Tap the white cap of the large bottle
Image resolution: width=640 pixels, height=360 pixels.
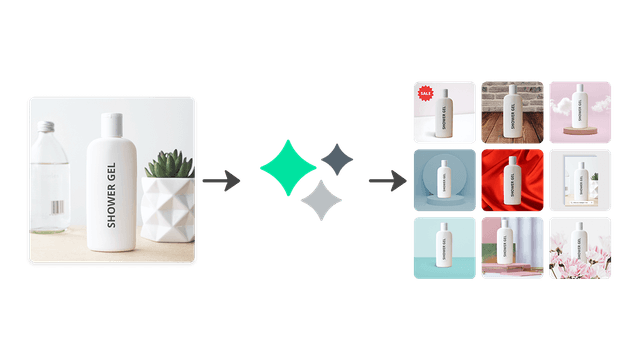111,125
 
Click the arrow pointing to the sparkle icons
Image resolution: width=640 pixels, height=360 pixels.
220,181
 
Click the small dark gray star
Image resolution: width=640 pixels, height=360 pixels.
338,158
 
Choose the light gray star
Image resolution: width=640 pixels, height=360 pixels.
321,201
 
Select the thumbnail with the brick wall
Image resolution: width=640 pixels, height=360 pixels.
511,111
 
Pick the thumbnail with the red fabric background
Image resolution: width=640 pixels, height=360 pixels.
511,180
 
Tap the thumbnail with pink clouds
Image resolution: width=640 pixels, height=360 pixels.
579,111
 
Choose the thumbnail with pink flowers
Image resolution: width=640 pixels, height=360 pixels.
579,248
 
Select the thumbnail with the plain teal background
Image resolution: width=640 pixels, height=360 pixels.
443,248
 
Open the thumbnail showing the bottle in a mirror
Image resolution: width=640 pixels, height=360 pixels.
579,180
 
